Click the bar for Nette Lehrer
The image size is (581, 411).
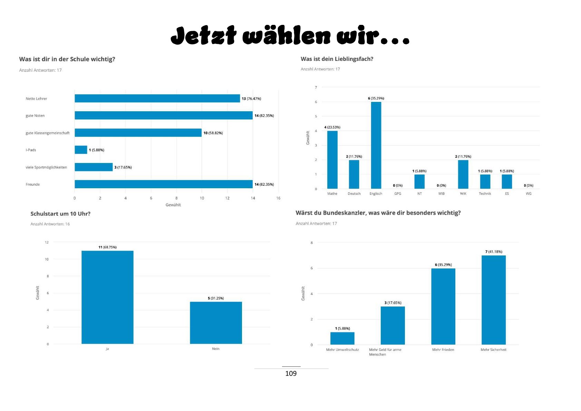[x=157, y=98]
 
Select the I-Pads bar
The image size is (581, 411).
[x=81, y=150]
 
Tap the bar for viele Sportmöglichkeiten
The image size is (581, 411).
[x=94, y=167]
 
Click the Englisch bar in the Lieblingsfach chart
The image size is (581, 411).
[x=376, y=145]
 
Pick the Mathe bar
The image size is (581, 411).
[x=332, y=160]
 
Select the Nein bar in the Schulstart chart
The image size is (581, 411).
[x=216, y=323]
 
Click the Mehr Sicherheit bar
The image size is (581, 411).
[x=493, y=300]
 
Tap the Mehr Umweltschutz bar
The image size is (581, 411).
[x=342, y=338]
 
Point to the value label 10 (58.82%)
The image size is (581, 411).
[x=213, y=133]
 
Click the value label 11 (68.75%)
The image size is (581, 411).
[x=107, y=247]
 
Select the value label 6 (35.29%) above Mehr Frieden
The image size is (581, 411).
[x=443, y=265]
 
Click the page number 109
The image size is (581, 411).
[x=291, y=373]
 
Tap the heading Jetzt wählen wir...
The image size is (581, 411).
[x=290, y=36]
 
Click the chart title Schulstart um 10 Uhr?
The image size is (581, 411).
[x=60, y=214]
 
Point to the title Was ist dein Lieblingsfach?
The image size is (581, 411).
[x=337, y=59]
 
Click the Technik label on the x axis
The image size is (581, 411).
[x=485, y=194]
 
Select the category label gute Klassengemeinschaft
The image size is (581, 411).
[x=48, y=133]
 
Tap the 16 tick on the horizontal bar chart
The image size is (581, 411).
[x=278, y=198]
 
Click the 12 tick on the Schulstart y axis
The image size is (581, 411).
[x=47, y=242]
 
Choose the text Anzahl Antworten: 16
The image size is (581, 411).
[x=50, y=224]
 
